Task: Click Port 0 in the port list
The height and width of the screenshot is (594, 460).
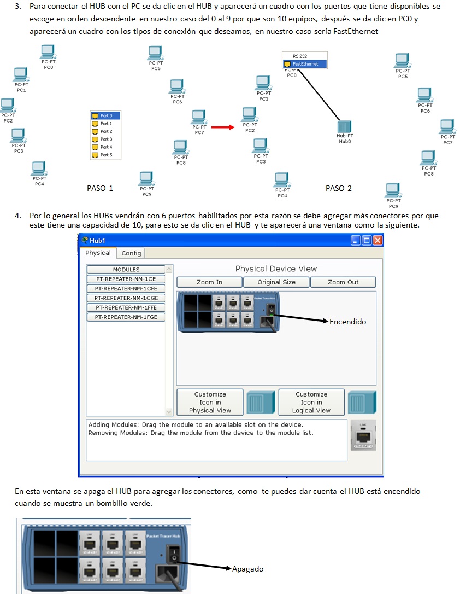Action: click(105, 116)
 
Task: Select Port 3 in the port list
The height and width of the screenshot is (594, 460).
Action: click(105, 139)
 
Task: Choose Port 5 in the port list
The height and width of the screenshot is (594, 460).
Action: click(105, 155)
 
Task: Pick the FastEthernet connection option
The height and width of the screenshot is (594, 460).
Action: click(304, 64)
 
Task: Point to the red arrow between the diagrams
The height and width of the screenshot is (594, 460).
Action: click(222, 127)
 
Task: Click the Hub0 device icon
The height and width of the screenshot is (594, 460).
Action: click(344, 127)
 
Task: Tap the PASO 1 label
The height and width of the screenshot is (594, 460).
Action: click(100, 188)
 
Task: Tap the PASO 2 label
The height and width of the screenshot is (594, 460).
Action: click(339, 188)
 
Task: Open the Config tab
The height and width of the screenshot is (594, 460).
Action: click(131, 253)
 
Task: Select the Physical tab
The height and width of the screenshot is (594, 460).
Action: click(98, 253)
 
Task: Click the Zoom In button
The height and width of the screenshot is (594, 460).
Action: click(209, 282)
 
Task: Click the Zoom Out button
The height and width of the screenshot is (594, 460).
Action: click(343, 282)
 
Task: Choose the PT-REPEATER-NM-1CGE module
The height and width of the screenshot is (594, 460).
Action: click(126, 298)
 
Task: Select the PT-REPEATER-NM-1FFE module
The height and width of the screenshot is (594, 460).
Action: click(126, 307)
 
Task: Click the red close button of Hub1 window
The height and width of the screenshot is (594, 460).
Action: click(377, 240)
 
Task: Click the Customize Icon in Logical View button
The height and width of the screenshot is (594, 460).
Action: click(311, 402)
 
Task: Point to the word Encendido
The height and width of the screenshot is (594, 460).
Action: click(347, 322)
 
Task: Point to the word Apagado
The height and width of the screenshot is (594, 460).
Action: click(247, 569)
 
